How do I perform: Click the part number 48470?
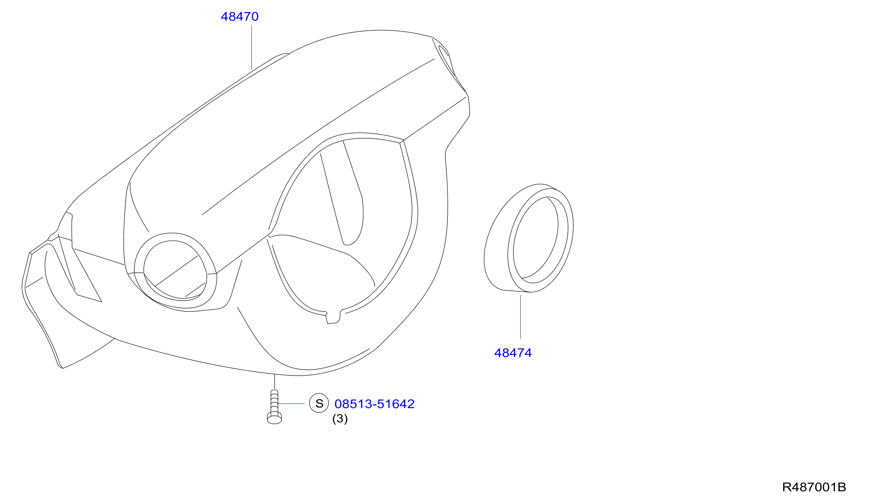[239, 17]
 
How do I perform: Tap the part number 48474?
[513, 353]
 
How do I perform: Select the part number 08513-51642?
[374, 404]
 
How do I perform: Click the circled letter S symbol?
[319, 403]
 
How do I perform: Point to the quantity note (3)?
[340, 419]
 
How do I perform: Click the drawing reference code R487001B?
[814, 487]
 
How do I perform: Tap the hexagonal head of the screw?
[274, 418]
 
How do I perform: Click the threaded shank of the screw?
[274, 401]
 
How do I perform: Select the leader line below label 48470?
[252, 47]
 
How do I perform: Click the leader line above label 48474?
[520, 317]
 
